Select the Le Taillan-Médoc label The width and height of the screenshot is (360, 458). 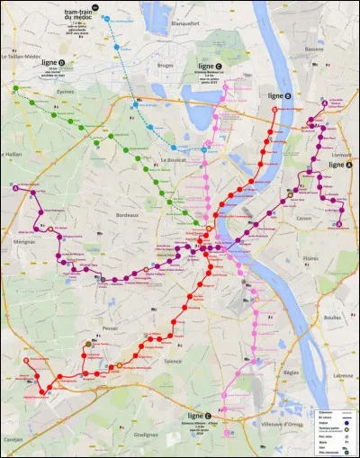24,57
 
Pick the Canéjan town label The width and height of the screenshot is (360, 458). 15,438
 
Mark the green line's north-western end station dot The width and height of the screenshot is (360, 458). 16,88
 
